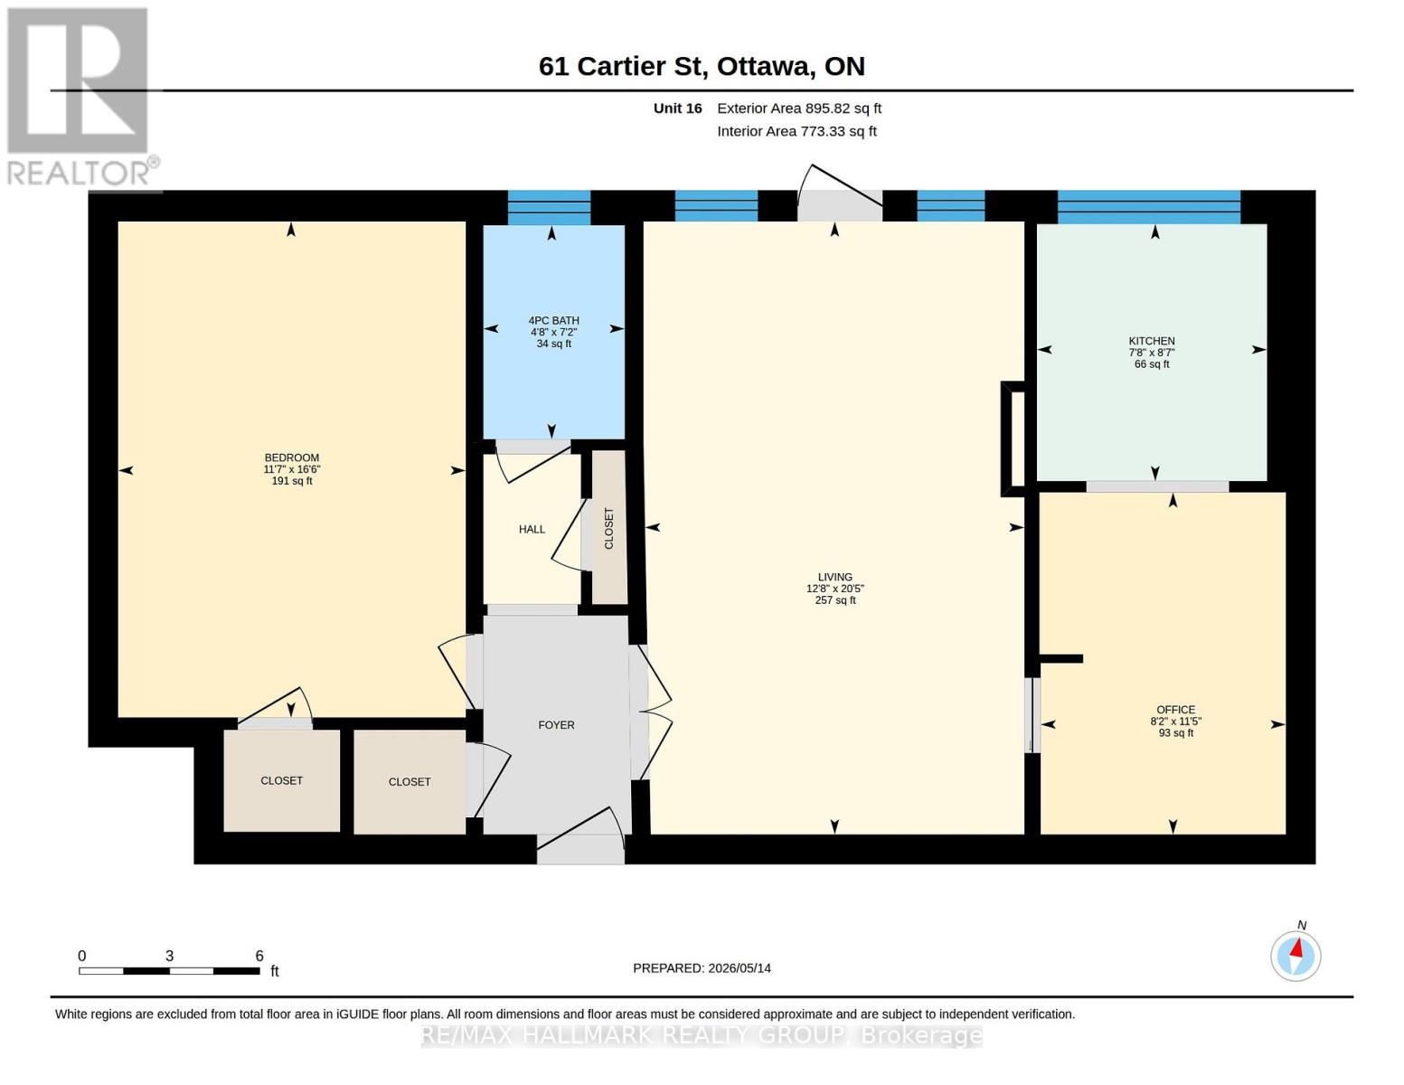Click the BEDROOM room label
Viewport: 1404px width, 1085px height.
(291, 458)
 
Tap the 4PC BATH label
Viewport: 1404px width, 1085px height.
(553, 320)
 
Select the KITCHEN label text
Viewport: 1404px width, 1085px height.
(1152, 341)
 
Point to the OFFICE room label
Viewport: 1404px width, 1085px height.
(1176, 710)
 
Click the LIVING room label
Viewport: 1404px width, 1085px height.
(834, 577)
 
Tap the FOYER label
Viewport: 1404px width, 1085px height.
(556, 725)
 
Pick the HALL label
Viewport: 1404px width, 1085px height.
(532, 529)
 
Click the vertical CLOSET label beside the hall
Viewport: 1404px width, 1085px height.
(608, 528)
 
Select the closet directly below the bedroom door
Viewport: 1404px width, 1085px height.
(282, 780)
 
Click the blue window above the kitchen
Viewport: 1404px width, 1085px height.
(1149, 207)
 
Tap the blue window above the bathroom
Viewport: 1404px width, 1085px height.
(549, 207)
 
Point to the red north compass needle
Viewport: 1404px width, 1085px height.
(1296, 948)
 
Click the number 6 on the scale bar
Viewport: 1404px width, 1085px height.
(259, 956)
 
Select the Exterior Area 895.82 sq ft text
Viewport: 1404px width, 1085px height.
(799, 108)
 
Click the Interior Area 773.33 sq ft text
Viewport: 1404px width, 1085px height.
(796, 131)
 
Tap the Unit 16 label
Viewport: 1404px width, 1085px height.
(677, 108)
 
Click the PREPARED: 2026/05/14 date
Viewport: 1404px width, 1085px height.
(702, 968)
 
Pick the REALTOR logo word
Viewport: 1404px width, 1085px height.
(79, 174)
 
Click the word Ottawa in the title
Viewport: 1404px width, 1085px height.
(765, 67)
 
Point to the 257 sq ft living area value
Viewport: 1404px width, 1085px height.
(834, 600)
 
